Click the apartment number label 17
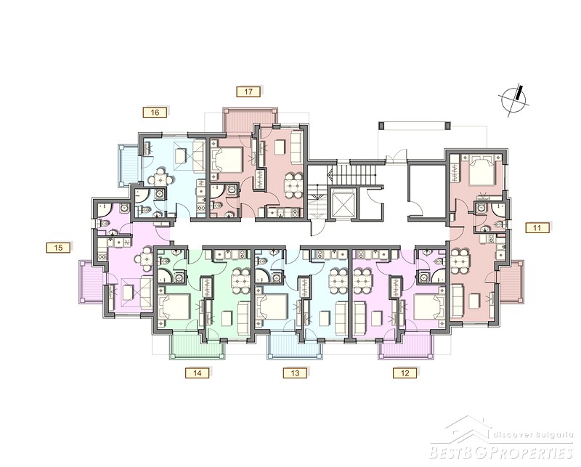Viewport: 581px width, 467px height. [x=248, y=92]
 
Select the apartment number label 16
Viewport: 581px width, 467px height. [x=155, y=113]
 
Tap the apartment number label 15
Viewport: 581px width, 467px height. [x=58, y=247]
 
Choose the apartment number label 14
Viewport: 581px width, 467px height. [x=198, y=373]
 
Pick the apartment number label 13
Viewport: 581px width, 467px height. [x=295, y=373]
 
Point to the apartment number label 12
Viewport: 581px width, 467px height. [x=405, y=373]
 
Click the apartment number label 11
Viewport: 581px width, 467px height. [x=537, y=227]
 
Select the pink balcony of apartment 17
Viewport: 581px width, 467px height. [x=250, y=120]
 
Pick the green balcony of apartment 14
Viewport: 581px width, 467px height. [x=198, y=346]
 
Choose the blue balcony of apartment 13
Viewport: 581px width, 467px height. [x=295, y=346]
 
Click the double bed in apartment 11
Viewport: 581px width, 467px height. [x=481, y=170]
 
